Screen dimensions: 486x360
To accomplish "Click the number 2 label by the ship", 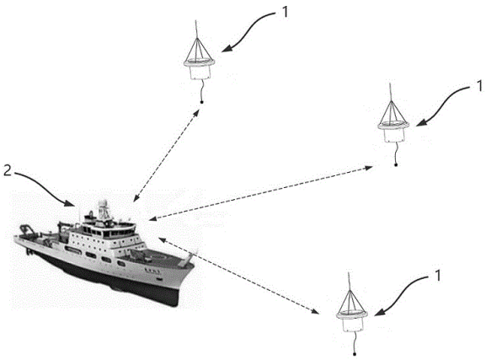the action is tap(8, 170).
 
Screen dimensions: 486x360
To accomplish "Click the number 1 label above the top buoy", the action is tap(285, 12).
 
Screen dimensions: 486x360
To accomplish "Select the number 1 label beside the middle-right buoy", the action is tap(479, 85).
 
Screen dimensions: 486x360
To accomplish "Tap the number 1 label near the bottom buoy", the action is tap(437, 276).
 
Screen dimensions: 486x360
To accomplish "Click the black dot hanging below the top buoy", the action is tap(202, 102).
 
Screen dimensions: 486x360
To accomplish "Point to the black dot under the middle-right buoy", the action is tap(396, 165).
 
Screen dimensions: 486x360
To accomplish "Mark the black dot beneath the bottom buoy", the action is tap(355, 354).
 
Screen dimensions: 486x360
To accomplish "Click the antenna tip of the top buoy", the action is tap(195, 20).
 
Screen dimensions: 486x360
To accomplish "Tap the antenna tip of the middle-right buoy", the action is tap(390, 83).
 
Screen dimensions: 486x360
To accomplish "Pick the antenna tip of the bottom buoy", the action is tap(349, 273).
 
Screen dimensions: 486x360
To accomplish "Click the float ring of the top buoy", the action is tap(199, 62).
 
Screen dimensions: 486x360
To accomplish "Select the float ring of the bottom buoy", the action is tap(352, 314).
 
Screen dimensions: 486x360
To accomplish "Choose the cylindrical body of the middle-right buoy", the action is tap(394, 135).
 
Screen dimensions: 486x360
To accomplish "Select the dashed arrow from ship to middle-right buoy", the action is tap(261, 193).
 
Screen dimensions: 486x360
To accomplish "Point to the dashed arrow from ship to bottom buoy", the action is tap(238, 276).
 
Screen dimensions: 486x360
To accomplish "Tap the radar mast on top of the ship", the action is tap(104, 209).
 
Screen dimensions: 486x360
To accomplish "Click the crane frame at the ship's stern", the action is tap(27, 230).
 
